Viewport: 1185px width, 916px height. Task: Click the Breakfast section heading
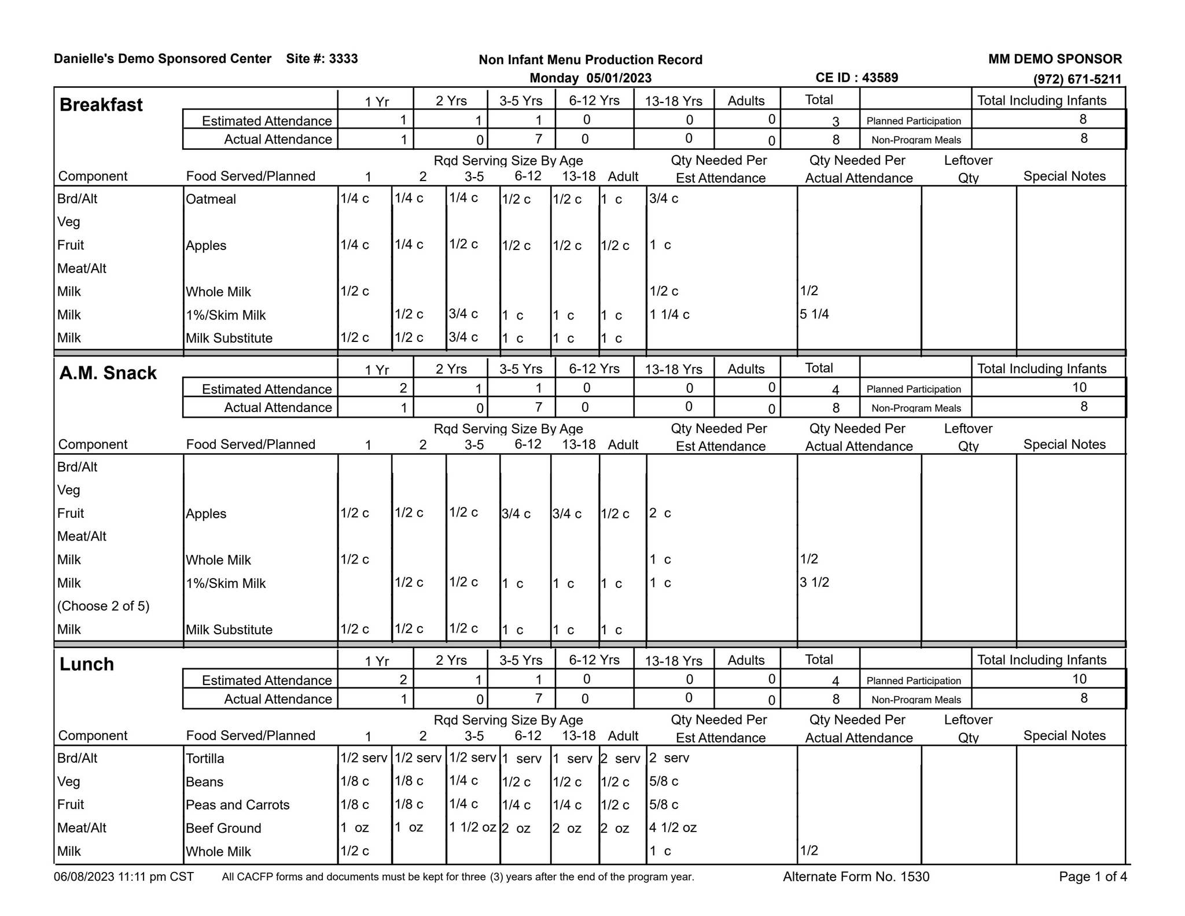click(101, 105)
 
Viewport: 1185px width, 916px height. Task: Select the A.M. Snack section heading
click(108, 373)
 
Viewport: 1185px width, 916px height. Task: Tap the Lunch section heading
click(87, 664)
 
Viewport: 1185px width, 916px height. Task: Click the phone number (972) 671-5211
click(1077, 79)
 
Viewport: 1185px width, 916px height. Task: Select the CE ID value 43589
click(879, 78)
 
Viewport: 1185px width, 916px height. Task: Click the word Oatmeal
click(211, 199)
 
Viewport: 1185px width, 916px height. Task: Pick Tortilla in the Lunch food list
click(205, 759)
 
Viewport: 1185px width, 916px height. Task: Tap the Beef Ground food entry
click(223, 828)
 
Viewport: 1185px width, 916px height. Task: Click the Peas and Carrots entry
click(237, 805)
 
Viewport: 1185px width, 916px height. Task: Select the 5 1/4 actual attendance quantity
click(814, 314)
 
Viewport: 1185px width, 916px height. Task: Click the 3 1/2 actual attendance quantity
click(814, 582)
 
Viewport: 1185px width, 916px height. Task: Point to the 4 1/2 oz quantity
click(672, 827)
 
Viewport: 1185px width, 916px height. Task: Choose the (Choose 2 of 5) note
click(103, 606)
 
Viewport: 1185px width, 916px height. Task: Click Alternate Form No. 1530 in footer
click(856, 877)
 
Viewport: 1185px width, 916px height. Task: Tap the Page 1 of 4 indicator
click(1092, 877)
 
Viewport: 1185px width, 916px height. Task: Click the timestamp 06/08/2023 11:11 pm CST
click(124, 877)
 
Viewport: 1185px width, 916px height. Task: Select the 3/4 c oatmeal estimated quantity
click(663, 198)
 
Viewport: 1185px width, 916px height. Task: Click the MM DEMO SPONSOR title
click(1055, 59)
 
